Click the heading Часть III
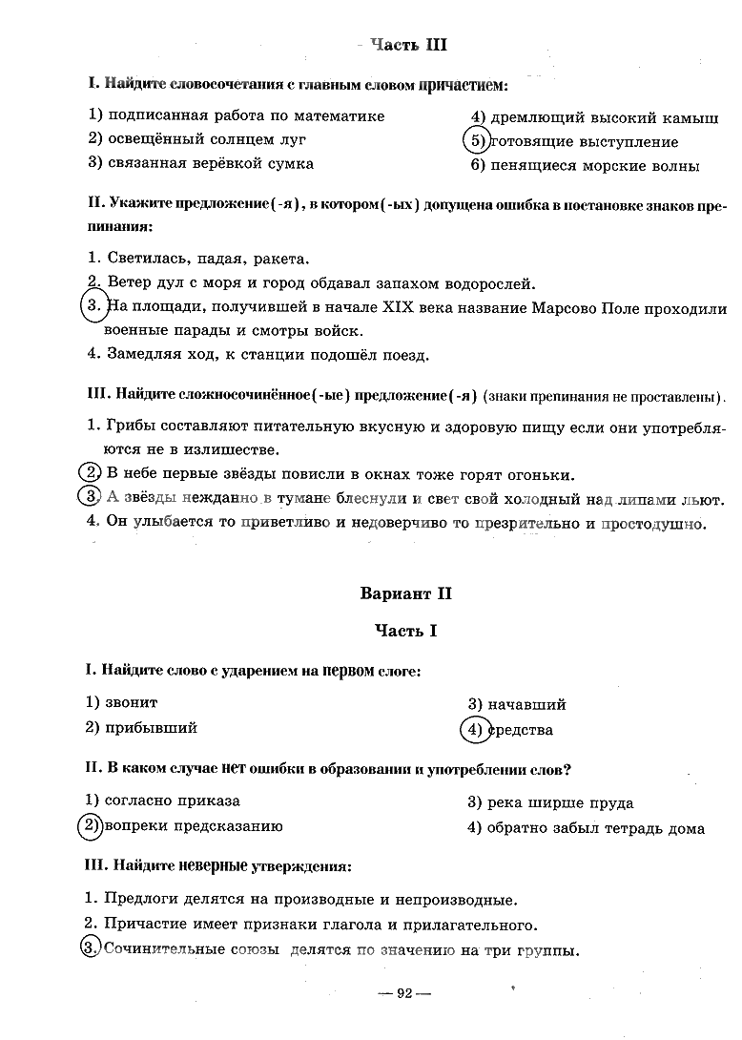408,45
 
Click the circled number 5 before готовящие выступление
475,141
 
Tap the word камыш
693,118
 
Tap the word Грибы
133,425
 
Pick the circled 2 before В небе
89,473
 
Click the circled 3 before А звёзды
89,496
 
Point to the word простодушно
653,523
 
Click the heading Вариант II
407,593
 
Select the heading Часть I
407,631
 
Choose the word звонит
133,702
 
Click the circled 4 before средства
474,730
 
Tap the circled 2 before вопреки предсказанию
90,826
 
